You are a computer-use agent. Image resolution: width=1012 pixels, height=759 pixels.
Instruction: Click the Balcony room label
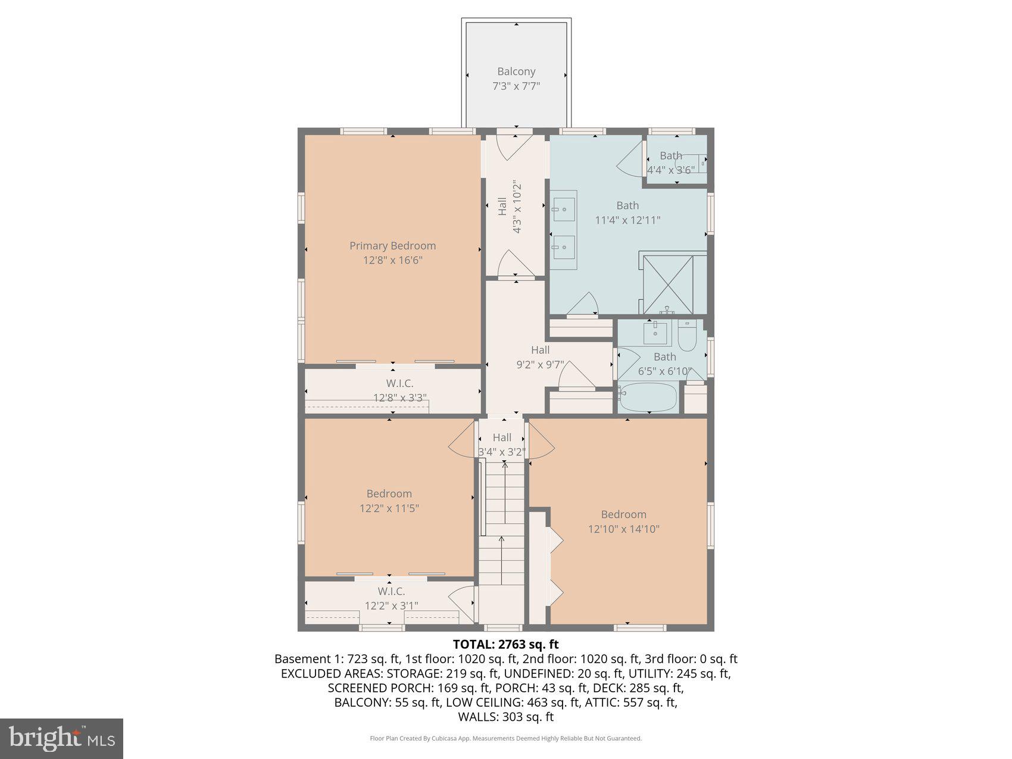pyautogui.click(x=516, y=71)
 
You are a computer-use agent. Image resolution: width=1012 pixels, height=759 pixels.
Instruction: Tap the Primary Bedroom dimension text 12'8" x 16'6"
pyautogui.click(x=392, y=260)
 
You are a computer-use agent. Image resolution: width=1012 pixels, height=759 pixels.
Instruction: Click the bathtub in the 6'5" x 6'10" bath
pyautogui.click(x=648, y=397)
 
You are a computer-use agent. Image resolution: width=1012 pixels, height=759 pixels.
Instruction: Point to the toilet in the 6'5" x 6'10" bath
pyautogui.click(x=688, y=336)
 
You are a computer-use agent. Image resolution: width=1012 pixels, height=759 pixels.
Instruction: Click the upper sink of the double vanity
pyautogui.click(x=563, y=205)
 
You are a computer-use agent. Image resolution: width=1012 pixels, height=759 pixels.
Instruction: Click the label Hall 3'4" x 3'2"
pyautogui.click(x=502, y=445)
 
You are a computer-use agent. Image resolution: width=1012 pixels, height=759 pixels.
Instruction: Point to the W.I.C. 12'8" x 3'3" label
pyautogui.click(x=399, y=391)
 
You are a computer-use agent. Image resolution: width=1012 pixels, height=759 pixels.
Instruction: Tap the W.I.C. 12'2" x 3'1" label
pyautogui.click(x=391, y=598)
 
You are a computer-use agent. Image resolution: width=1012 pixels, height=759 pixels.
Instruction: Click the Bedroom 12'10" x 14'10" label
pyautogui.click(x=623, y=521)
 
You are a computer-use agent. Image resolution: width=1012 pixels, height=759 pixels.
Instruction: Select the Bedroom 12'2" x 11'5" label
pyautogui.click(x=389, y=501)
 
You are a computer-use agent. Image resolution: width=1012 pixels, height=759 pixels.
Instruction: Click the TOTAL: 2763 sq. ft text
pyautogui.click(x=505, y=644)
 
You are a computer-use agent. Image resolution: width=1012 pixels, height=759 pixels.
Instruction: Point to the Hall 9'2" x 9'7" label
pyautogui.click(x=540, y=357)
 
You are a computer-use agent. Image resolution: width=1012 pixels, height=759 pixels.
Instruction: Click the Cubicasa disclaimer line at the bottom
pyautogui.click(x=505, y=739)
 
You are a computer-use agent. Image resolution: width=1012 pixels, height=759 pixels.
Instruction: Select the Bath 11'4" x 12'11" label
pyautogui.click(x=627, y=213)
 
